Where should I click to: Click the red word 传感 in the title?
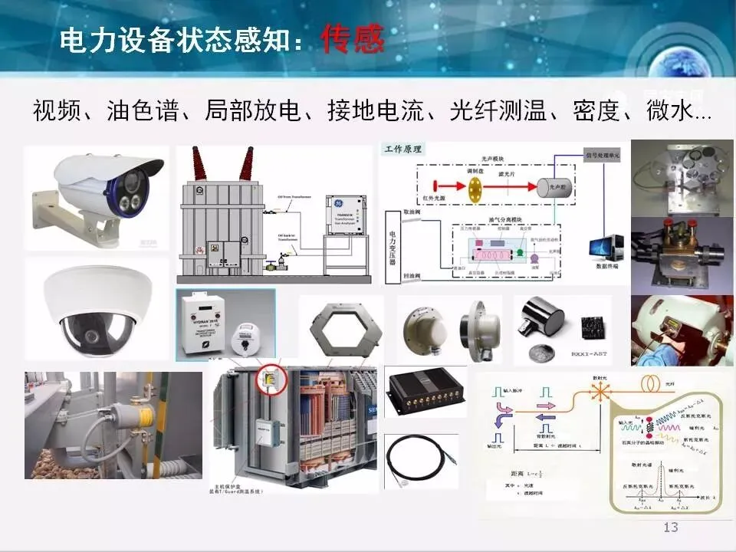coord(353,40)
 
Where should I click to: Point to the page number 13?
coord(671,527)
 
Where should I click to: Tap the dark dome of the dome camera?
coord(91,331)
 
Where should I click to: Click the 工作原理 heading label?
coord(406,148)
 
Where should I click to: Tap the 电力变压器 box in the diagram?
coord(392,248)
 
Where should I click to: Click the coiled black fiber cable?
coord(421,460)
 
